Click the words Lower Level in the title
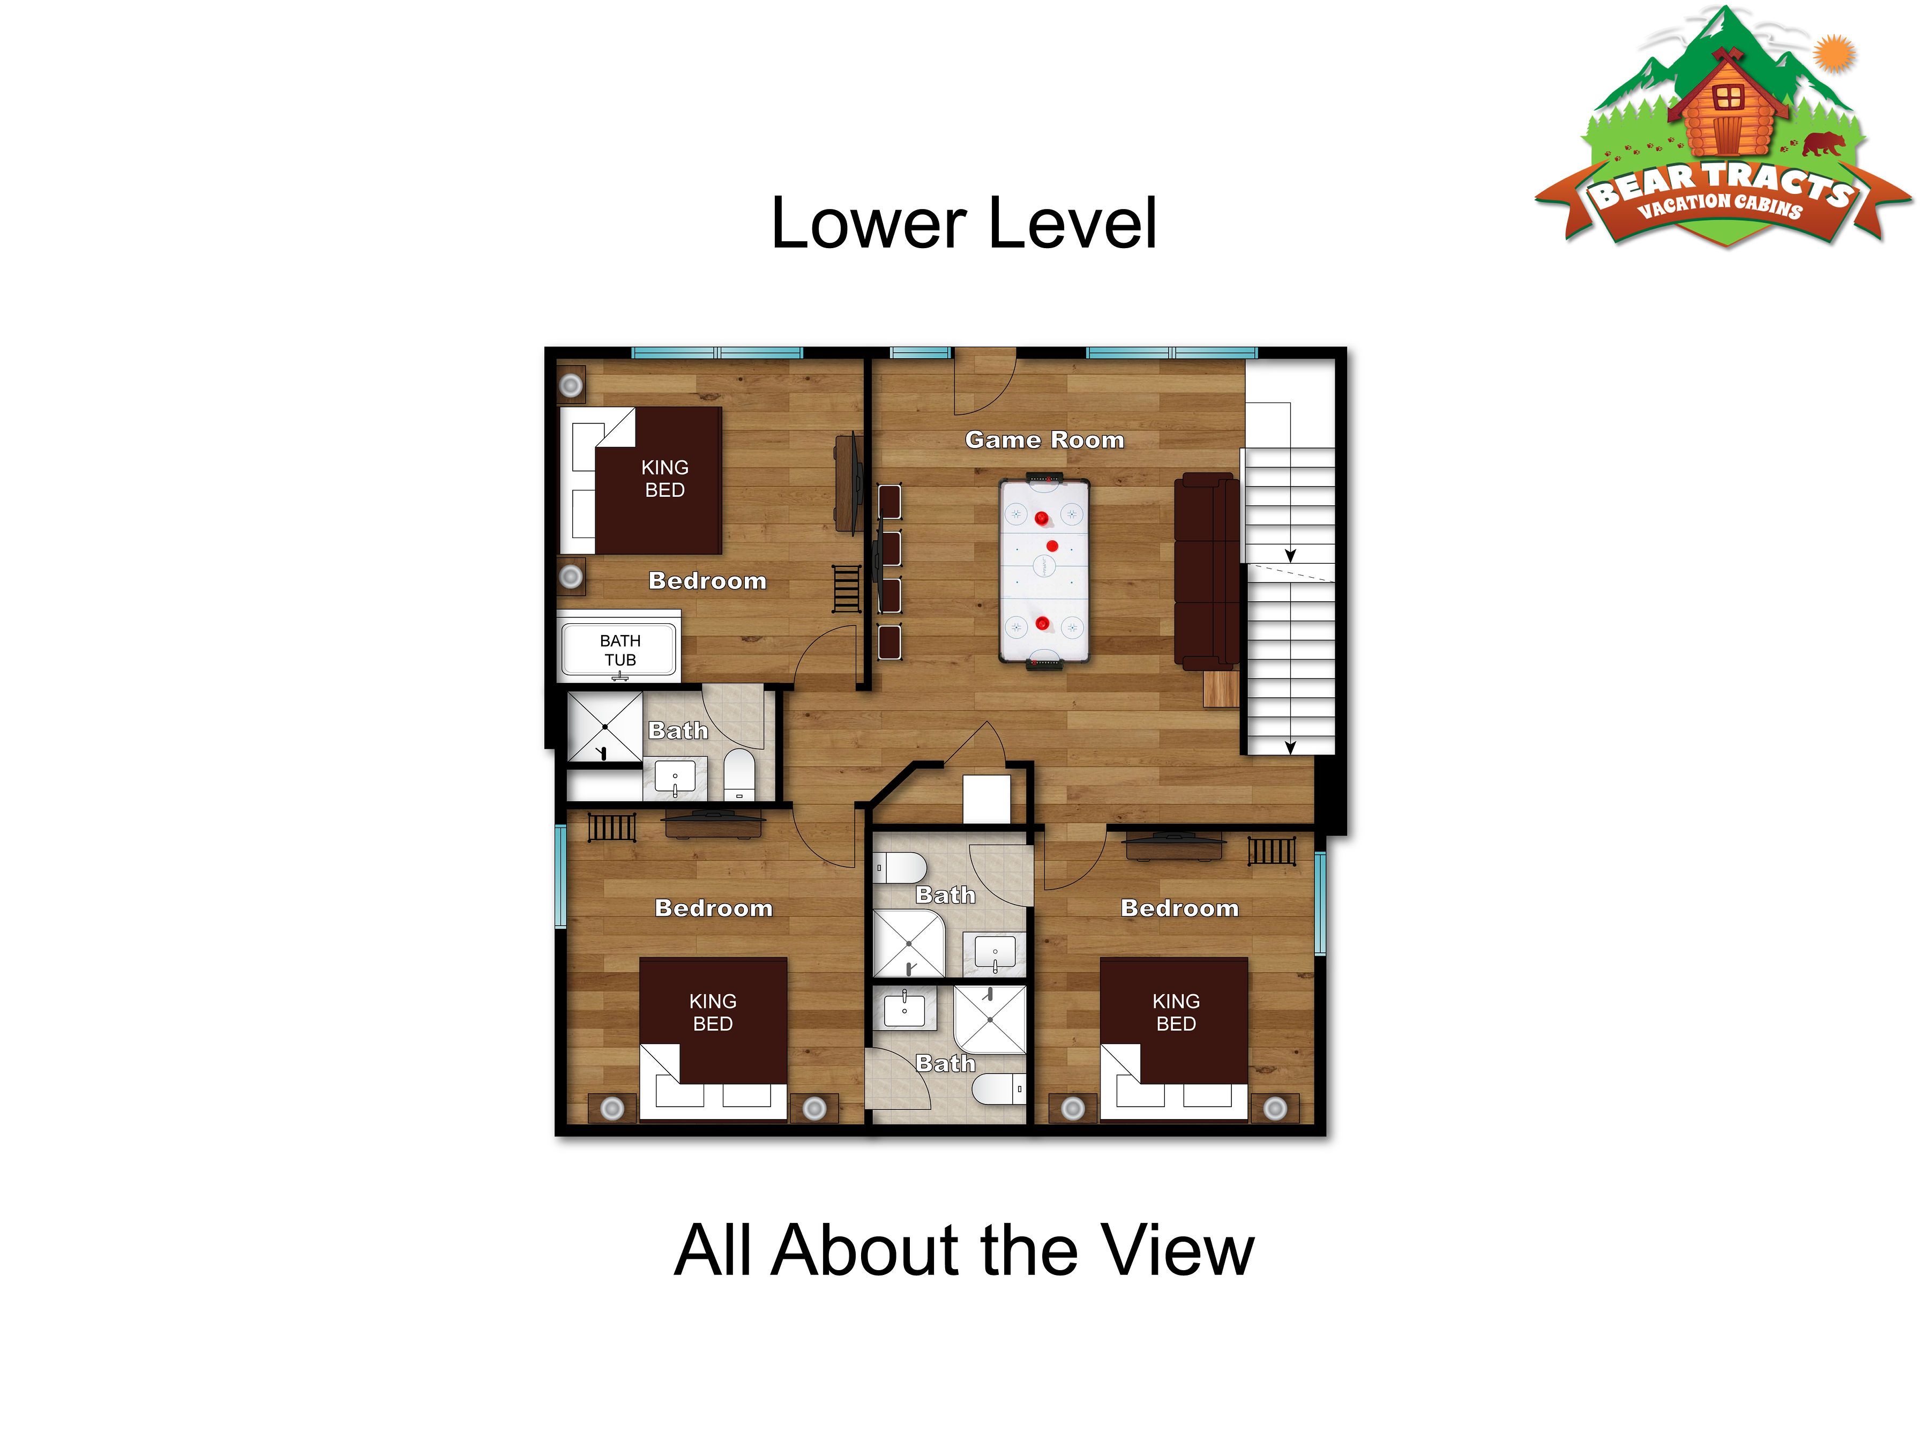(x=963, y=223)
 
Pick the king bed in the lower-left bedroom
(x=713, y=1038)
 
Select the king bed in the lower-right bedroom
(x=1174, y=1038)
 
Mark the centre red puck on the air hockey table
(x=1052, y=546)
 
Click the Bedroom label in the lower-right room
(x=1180, y=908)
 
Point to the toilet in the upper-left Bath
(x=738, y=774)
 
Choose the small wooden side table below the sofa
(x=1221, y=688)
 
